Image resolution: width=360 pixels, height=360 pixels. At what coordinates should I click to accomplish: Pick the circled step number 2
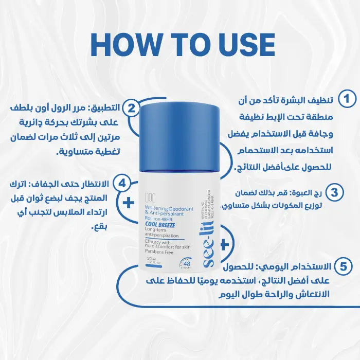click(x=132, y=108)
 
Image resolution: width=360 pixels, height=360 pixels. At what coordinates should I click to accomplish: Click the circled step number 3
click(x=335, y=193)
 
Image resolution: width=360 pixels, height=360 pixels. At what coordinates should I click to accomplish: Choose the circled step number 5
click(x=342, y=266)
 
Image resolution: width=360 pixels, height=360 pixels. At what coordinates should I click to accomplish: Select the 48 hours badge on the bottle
click(x=186, y=265)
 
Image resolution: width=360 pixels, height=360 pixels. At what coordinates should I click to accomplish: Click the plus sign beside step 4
click(x=127, y=203)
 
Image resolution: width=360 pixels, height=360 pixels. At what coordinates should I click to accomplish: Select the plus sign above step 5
click(x=224, y=242)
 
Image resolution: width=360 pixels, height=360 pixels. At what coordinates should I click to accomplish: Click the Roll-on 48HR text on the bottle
click(x=160, y=218)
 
